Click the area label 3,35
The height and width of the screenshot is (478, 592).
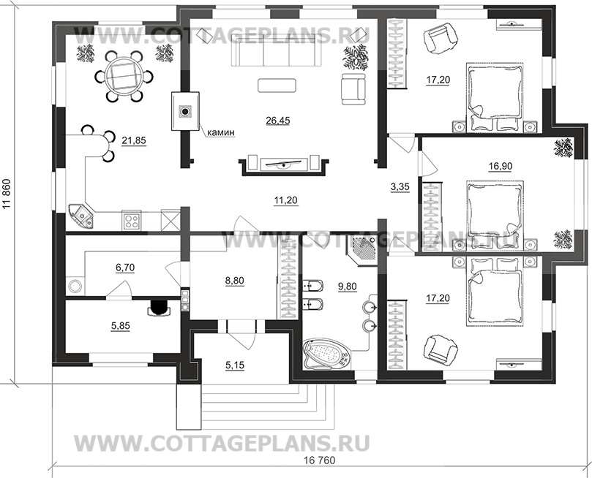click(x=400, y=187)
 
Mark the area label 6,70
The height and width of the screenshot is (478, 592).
click(x=126, y=269)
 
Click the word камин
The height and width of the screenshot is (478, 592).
click(x=220, y=132)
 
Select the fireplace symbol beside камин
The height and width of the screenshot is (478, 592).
click(x=185, y=112)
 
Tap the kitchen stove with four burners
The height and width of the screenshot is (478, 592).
click(x=132, y=219)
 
